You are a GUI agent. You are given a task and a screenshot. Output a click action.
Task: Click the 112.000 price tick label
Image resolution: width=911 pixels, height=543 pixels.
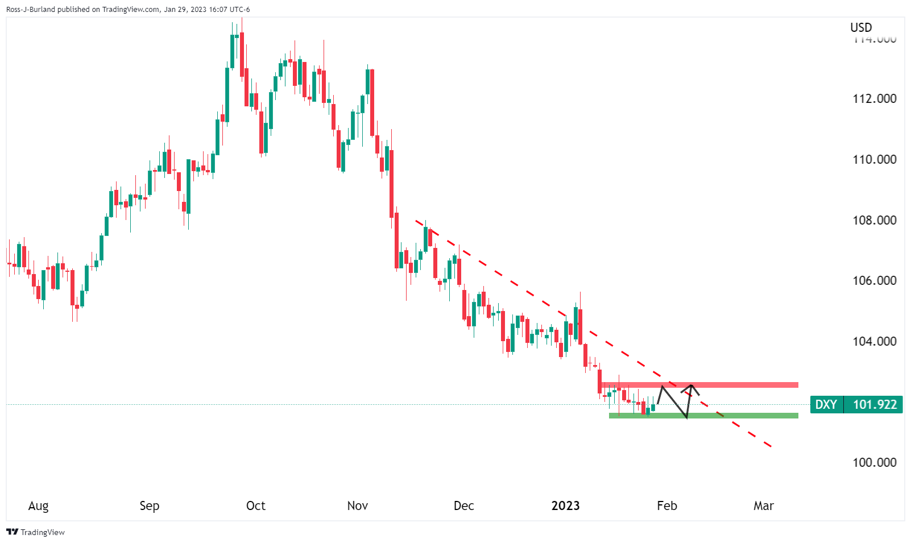pos(874,98)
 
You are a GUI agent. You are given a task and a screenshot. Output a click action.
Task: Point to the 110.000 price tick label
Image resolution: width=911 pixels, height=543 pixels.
pos(874,159)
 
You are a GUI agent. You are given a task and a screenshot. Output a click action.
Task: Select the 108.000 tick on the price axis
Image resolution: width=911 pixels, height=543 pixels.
pos(874,220)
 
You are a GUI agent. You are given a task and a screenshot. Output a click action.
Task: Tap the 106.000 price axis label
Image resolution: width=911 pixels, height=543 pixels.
pos(874,280)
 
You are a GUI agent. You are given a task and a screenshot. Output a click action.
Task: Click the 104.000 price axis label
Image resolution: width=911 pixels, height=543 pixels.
pos(874,341)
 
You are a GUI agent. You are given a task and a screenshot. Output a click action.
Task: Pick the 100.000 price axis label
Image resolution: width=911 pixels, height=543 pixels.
pos(874,462)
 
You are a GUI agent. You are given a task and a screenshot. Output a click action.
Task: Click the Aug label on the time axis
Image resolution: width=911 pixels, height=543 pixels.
pos(38,505)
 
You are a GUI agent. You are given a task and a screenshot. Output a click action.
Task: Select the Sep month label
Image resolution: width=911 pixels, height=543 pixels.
pos(149,505)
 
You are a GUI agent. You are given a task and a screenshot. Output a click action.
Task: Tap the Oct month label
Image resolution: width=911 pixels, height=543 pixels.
pos(255,505)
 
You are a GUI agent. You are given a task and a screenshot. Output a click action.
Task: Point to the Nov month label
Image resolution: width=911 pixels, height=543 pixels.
pos(357,505)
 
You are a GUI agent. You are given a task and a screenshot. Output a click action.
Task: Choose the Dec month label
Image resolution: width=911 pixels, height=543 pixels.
pos(463,505)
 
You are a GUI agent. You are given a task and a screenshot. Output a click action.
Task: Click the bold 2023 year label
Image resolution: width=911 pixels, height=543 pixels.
pos(565,505)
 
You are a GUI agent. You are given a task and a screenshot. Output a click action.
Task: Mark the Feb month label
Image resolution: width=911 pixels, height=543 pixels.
pos(666,505)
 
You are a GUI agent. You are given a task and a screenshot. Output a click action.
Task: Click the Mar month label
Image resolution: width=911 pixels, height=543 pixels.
pos(763,505)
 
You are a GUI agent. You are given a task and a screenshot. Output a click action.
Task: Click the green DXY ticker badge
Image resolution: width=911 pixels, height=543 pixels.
pos(826,404)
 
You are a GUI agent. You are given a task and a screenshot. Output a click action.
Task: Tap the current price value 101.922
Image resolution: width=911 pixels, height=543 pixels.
pos(875,404)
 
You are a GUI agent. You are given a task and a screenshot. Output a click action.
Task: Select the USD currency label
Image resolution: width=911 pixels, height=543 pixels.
pos(861,27)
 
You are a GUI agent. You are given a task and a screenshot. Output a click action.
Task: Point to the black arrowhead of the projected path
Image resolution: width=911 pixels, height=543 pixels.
pos(692,387)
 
